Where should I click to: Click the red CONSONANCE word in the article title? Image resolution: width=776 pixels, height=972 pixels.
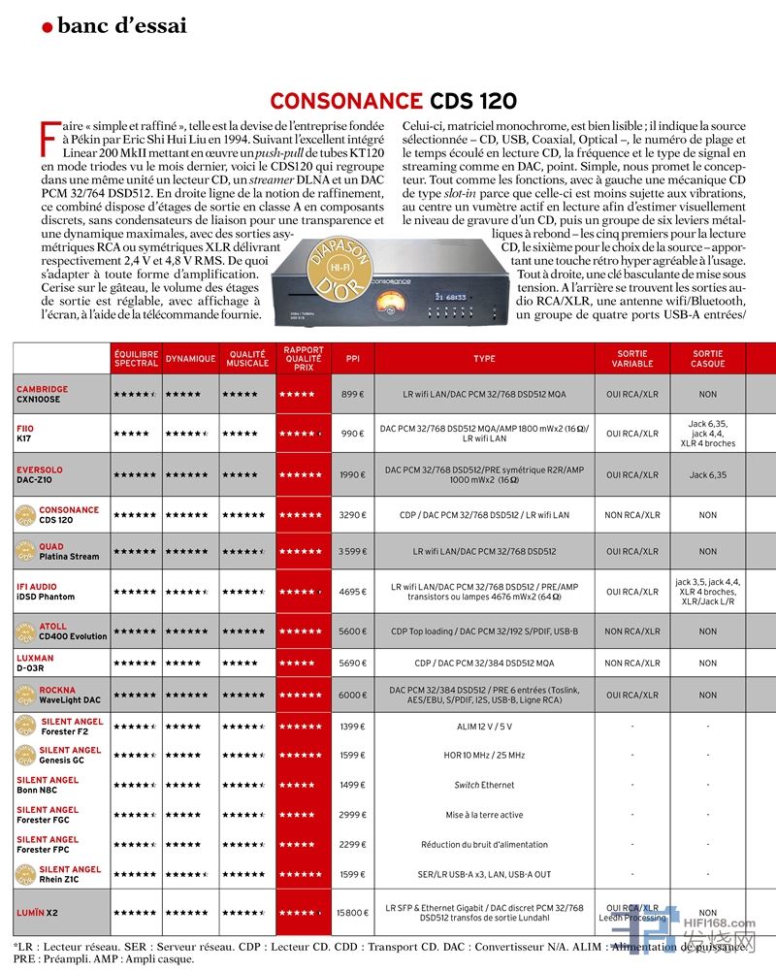[x=344, y=101]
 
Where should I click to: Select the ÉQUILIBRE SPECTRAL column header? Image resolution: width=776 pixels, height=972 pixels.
[x=136, y=358]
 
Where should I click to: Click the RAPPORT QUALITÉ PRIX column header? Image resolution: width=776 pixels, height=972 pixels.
[x=303, y=358]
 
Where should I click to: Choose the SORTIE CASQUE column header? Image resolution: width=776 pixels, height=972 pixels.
[x=707, y=358]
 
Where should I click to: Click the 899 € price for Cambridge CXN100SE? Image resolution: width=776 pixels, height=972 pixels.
[x=351, y=395]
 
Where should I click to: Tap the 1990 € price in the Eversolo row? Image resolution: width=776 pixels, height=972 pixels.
[x=351, y=474]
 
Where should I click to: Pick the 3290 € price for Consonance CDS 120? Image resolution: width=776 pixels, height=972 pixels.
[x=351, y=515]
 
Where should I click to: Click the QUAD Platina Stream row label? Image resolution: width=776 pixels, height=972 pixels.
[x=69, y=551]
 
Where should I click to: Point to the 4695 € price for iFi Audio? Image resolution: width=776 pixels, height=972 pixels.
[x=351, y=591]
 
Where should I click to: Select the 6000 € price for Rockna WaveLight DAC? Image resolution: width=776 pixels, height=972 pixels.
[x=351, y=695]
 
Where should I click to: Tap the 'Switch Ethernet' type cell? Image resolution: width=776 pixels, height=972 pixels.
[x=484, y=785]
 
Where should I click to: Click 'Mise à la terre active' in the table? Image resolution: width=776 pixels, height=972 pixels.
[x=484, y=815]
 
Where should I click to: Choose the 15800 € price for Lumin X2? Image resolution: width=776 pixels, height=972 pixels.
[x=351, y=913]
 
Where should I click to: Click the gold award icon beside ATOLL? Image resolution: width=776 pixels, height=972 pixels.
[x=24, y=632]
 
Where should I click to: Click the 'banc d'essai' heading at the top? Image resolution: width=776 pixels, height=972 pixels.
[x=121, y=26]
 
